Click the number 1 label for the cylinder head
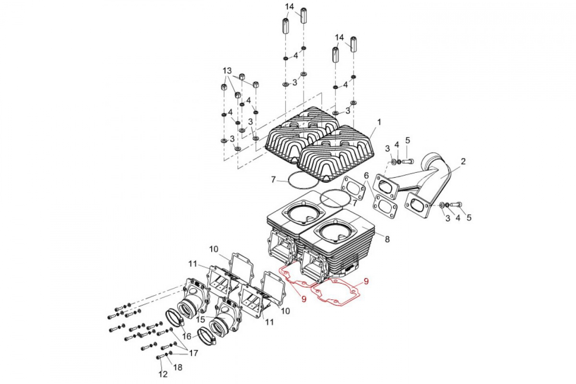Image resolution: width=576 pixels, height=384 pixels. point(379,122)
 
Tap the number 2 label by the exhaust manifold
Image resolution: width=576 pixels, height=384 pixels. point(463,162)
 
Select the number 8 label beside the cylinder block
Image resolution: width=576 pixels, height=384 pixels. point(387,239)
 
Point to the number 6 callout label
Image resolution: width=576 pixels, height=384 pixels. point(366,176)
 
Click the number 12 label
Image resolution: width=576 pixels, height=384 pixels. point(163,374)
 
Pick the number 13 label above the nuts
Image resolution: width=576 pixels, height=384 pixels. point(227,71)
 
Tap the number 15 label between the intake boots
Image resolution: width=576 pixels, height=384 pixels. point(201,319)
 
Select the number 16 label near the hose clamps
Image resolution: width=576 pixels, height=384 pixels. point(187,336)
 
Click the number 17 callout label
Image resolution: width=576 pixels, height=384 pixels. point(193,353)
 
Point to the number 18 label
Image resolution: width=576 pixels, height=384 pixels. point(178,367)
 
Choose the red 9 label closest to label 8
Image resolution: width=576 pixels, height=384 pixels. point(366,281)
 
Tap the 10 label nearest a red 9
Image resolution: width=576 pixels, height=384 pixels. point(285,311)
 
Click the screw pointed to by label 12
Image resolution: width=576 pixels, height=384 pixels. point(160,357)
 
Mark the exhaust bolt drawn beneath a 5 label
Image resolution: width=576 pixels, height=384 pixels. point(407,162)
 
